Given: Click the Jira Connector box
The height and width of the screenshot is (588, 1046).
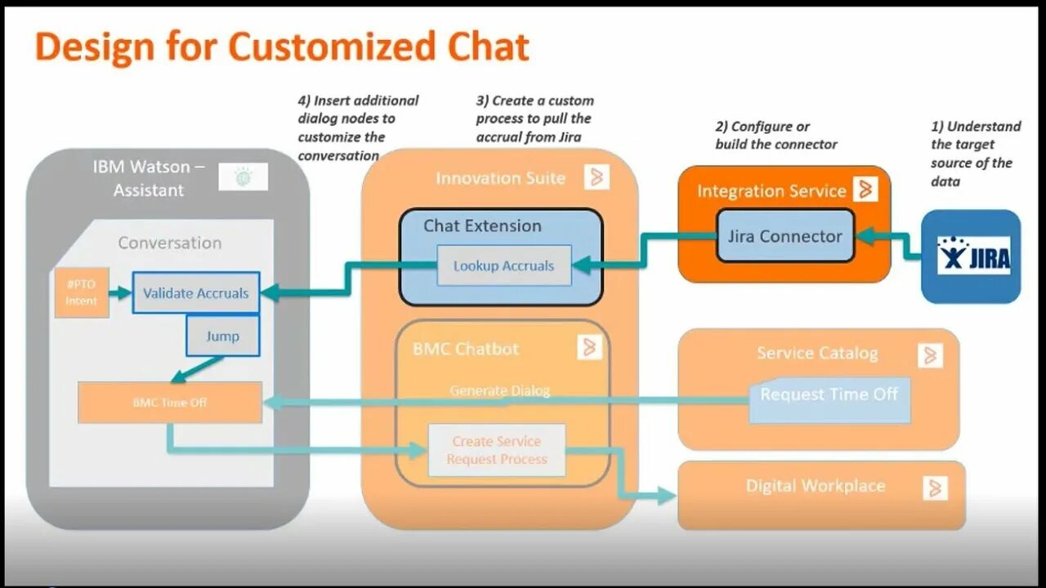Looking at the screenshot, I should [x=785, y=236].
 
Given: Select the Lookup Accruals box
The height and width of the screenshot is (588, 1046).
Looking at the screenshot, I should [x=503, y=265].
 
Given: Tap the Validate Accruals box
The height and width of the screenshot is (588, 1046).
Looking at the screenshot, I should [x=196, y=292].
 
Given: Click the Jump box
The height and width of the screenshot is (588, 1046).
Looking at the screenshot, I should [x=222, y=336].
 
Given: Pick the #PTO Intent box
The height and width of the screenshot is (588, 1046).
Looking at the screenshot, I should [x=81, y=292].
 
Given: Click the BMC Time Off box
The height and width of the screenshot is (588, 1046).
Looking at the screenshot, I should [x=170, y=402].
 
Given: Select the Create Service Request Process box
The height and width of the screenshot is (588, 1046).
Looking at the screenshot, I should [x=497, y=450].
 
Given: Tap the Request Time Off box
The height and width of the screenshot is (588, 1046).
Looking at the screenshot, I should [x=829, y=395].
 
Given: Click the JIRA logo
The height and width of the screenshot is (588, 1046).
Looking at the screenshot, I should [x=972, y=256].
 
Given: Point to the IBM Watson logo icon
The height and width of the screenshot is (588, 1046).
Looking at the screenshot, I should [x=243, y=177].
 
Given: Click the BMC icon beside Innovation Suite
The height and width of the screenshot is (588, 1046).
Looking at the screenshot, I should [x=597, y=177].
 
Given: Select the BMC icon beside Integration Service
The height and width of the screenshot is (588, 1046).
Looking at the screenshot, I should [x=865, y=189].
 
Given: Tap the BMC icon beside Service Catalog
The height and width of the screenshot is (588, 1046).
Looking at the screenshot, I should [x=930, y=355].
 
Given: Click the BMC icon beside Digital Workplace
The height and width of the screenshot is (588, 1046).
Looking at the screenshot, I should [x=936, y=488].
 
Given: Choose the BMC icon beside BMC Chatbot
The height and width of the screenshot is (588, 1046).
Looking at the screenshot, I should [x=589, y=347].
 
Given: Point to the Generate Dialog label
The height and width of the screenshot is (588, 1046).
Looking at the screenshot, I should [x=499, y=390].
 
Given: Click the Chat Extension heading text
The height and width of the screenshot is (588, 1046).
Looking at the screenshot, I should [x=482, y=226].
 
